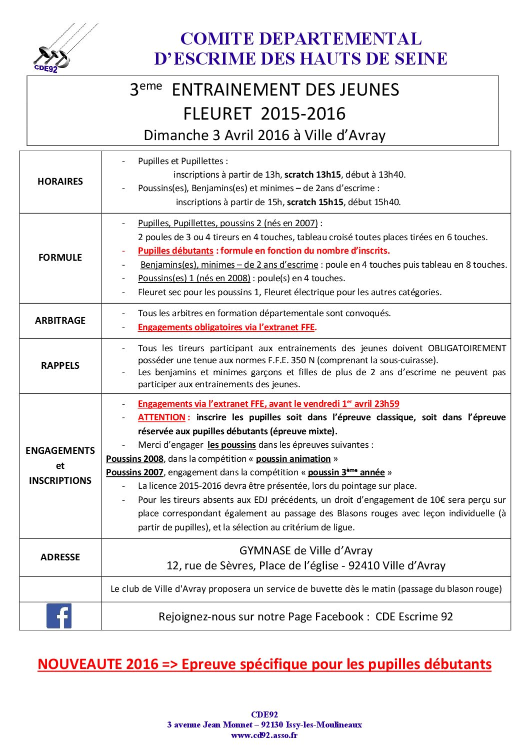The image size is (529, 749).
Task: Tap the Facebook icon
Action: tap(59, 616)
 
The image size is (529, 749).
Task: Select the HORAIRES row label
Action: tap(60, 182)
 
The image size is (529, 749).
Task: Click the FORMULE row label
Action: tap(60, 258)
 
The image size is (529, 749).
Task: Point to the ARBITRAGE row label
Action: tap(60, 321)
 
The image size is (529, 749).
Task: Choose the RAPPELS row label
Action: tap(60, 366)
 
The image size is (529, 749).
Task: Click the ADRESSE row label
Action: tap(60, 557)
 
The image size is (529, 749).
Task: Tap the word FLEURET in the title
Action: tap(217, 114)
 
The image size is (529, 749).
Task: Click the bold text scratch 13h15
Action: tap(312, 175)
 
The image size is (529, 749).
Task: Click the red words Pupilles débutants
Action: tap(175, 251)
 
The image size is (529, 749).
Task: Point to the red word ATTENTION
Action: tap(161, 417)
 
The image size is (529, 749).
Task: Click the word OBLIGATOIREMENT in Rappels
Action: tap(467, 348)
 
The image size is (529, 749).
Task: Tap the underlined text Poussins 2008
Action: tap(134, 459)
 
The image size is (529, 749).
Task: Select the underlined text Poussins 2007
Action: tap(134, 472)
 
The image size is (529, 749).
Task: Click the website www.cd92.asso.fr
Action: tap(264, 735)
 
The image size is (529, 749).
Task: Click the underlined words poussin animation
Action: tap(293, 459)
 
